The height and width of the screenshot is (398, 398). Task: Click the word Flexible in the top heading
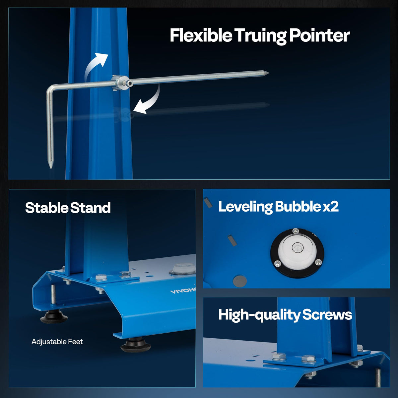pos(201,35)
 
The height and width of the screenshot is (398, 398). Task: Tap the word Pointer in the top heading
pos(319,35)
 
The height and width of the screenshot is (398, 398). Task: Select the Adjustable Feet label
pos(57,342)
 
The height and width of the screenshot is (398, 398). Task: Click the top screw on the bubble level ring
pos(296,230)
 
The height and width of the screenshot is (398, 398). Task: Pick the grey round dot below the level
pos(239,281)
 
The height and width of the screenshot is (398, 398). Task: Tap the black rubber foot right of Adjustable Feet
pos(136,345)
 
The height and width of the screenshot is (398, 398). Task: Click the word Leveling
pos(245,207)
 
